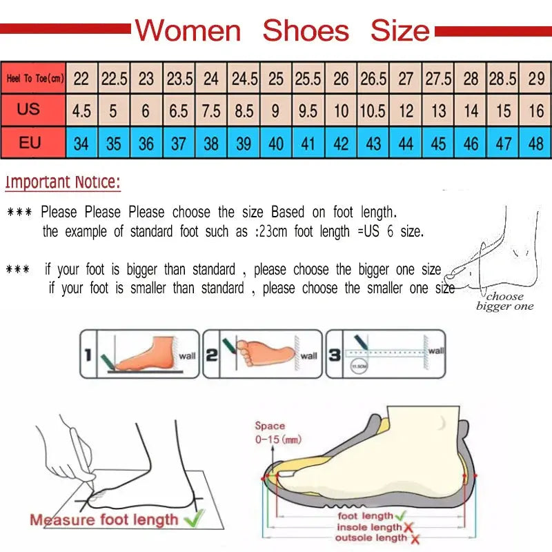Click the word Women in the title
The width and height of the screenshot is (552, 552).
188,31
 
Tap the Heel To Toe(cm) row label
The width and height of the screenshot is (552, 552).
34,79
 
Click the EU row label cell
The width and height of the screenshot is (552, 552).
30,144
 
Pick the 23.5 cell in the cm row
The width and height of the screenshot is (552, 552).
179,79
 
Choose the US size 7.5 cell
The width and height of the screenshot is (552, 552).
212,110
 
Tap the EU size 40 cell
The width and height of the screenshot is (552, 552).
276,144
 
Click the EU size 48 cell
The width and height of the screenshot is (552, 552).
536,144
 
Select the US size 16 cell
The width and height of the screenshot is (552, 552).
536,110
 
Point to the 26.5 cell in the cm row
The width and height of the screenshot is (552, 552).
373,79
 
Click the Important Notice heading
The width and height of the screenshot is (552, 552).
63,183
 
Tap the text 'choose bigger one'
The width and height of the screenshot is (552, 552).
505,302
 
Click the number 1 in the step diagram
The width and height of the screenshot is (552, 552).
88,355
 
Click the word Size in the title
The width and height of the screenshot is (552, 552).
400,31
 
